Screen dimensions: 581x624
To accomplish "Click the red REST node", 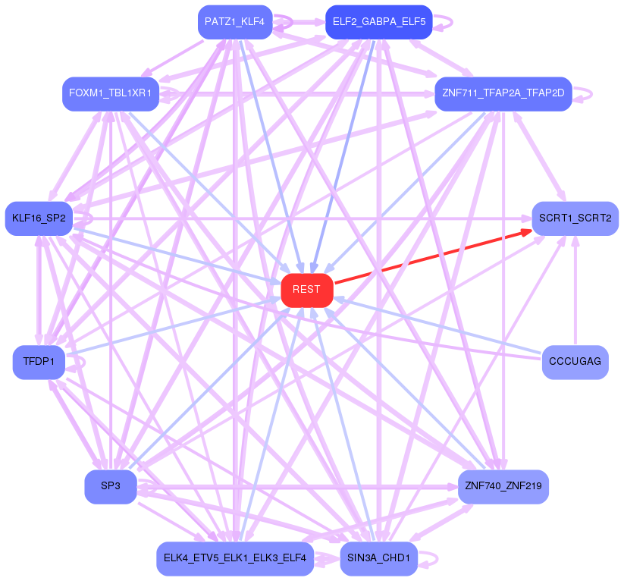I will coord(307,290).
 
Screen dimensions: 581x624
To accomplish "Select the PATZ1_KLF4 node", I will coord(234,22).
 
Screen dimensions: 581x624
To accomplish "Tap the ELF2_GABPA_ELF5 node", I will coord(378,22).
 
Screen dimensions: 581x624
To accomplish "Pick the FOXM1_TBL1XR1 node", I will coord(110,93).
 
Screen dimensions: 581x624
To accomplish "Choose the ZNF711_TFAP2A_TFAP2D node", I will coord(503,93).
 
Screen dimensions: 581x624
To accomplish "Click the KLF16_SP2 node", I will coord(39,218).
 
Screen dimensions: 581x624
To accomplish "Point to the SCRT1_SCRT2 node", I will coord(575,218).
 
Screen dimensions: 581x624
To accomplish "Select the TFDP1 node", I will coord(39,362).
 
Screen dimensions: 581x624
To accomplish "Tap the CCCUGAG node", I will coord(575,362).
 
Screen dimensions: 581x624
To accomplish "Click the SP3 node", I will coord(111,486).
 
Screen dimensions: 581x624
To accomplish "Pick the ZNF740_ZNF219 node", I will coord(503,486).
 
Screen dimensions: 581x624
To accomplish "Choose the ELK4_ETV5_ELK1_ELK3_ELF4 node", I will coord(234,559).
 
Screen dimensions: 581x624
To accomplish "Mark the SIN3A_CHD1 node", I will coord(378,559).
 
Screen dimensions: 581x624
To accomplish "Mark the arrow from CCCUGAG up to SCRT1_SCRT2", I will coord(575,288).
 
